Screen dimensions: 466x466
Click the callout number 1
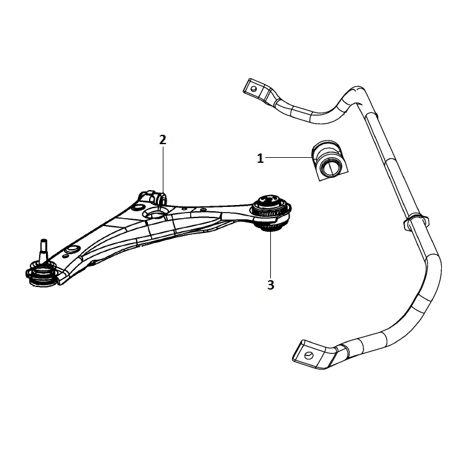260,158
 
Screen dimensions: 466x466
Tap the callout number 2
163,140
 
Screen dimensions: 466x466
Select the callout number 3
270,285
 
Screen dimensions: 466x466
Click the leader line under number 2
163,170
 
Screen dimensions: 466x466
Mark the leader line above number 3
270,255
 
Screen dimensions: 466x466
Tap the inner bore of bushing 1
329,168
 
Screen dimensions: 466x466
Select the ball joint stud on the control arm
43,250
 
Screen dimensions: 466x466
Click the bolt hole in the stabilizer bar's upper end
254,89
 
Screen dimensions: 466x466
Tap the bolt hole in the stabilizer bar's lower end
309,355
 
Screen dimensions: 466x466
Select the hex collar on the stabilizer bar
416,222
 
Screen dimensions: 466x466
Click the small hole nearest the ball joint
73,250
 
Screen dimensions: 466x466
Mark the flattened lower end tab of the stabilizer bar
316,355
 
